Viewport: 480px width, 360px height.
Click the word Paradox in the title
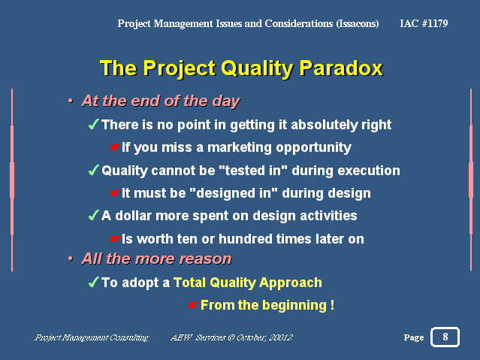(341, 68)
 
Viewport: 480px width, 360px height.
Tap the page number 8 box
(445, 337)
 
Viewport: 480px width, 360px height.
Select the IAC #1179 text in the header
(424, 23)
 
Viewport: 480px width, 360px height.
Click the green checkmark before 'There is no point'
(94, 124)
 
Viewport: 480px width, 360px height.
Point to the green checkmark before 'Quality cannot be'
(94, 170)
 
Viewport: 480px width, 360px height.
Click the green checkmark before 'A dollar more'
(94, 215)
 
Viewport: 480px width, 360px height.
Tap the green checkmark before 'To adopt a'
(94, 282)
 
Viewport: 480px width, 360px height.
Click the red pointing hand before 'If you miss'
(114, 147)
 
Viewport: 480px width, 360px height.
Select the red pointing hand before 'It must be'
(114, 193)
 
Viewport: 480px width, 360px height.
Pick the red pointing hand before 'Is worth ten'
(114, 239)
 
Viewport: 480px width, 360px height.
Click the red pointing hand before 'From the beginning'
(193, 305)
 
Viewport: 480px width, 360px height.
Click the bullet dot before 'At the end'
(71, 101)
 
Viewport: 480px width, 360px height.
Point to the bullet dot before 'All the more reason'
(71, 259)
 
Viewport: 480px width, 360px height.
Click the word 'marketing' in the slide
(240, 147)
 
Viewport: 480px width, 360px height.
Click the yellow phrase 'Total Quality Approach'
(248, 283)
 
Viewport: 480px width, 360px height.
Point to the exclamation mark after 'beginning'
(333, 305)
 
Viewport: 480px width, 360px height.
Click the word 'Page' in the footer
(414, 337)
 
